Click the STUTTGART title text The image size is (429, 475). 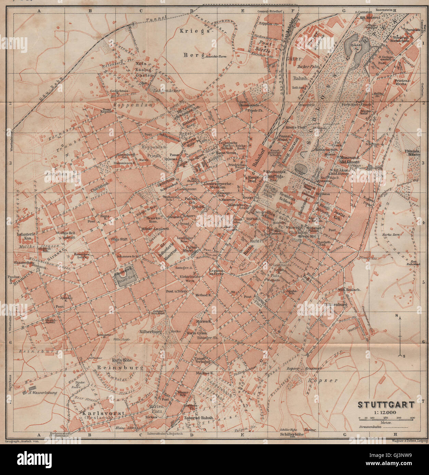click(386, 405)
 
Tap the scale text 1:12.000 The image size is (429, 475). click(386, 412)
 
